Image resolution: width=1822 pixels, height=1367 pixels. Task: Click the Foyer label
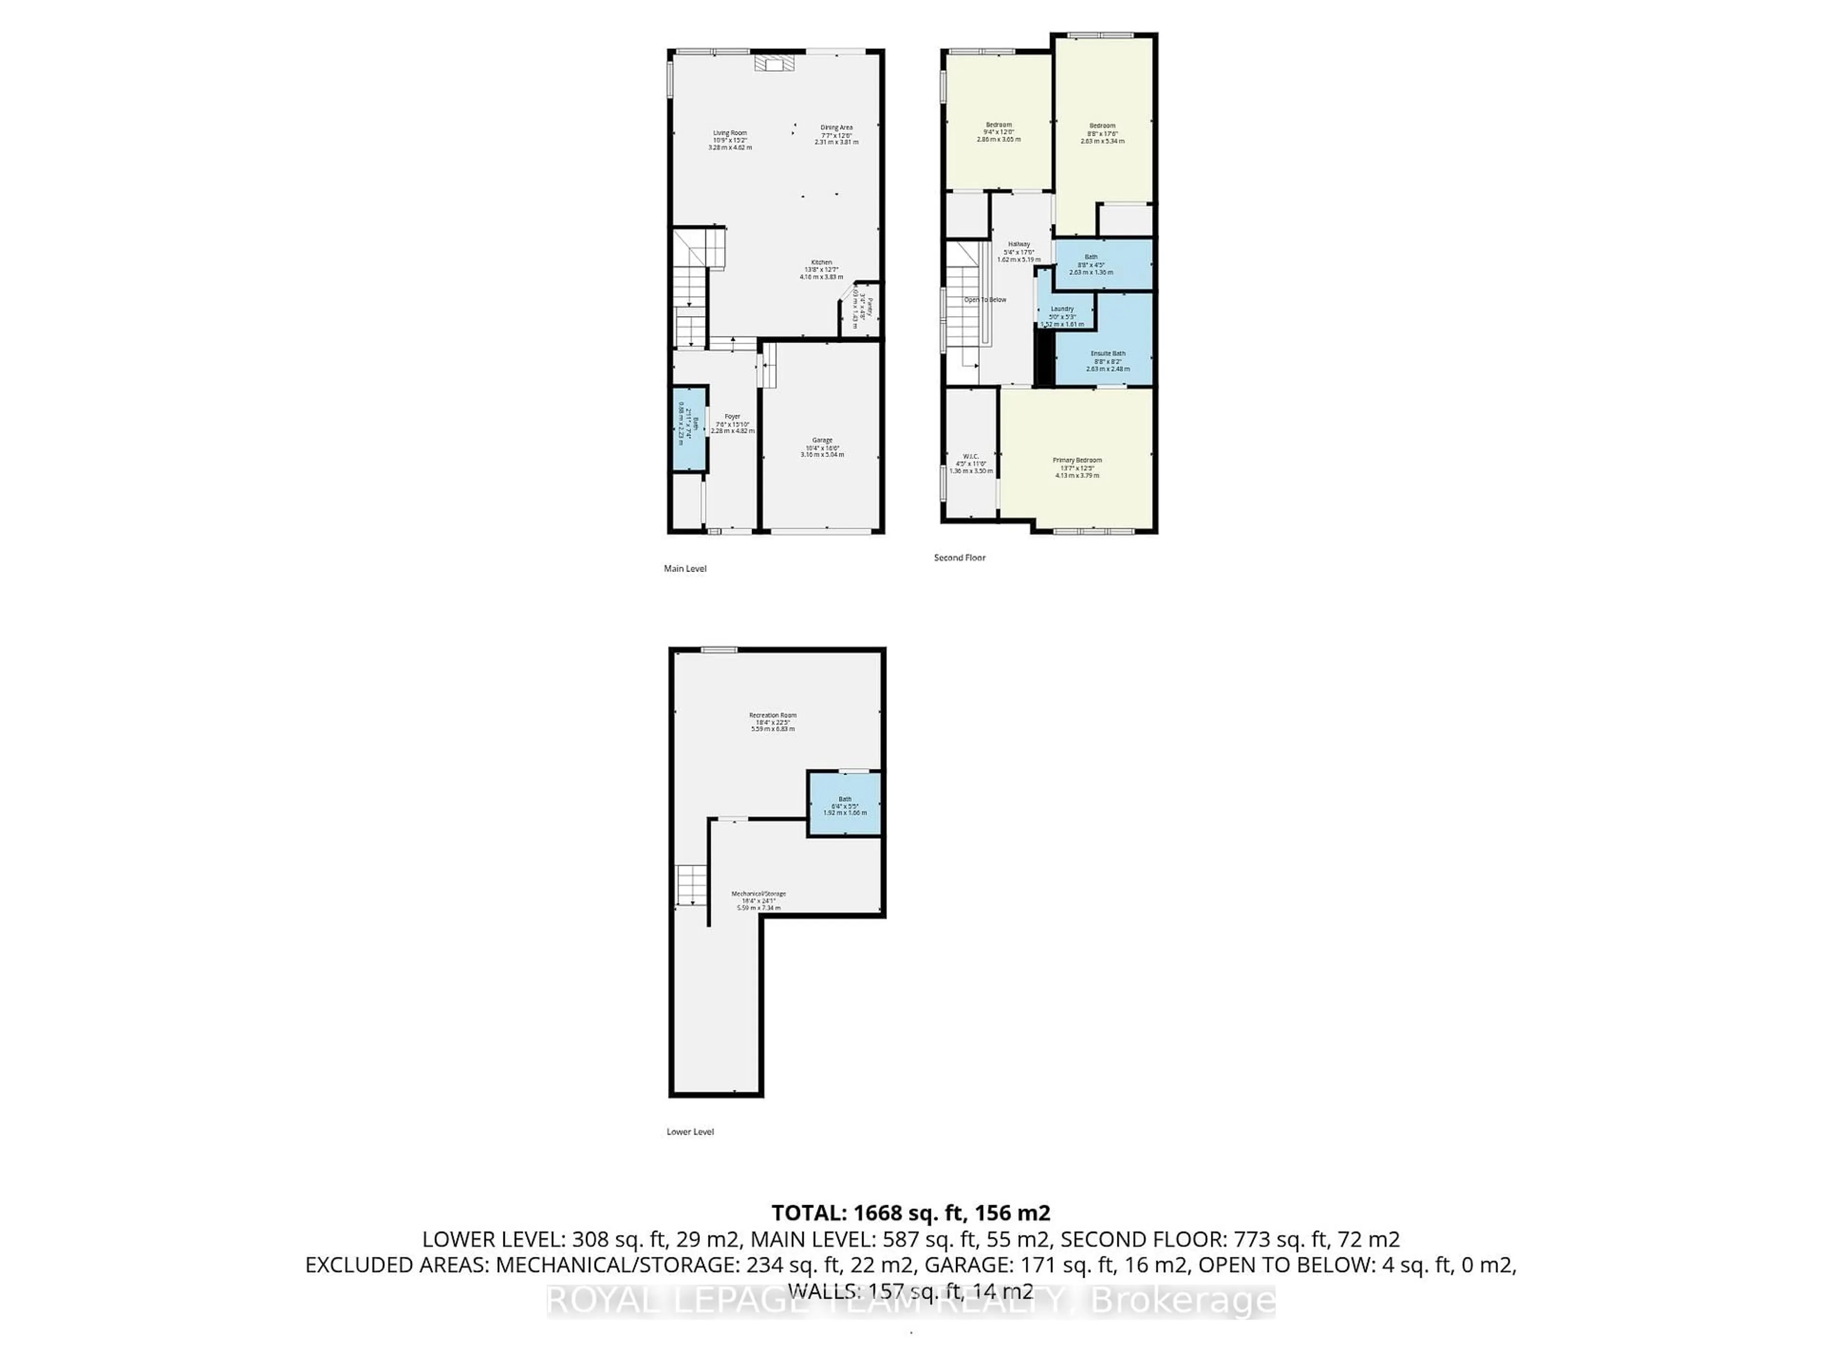click(x=732, y=417)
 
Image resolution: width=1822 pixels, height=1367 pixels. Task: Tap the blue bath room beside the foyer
click(x=689, y=429)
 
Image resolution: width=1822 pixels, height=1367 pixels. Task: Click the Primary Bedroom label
click(x=1077, y=460)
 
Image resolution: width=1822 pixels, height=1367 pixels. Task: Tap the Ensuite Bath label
click(x=1107, y=354)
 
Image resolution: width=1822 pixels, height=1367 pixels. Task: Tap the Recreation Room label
click(x=772, y=715)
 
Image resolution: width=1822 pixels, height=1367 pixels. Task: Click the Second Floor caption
click(x=959, y=558)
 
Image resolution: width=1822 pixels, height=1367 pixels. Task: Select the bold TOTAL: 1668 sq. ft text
click(x=910, y=1213)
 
